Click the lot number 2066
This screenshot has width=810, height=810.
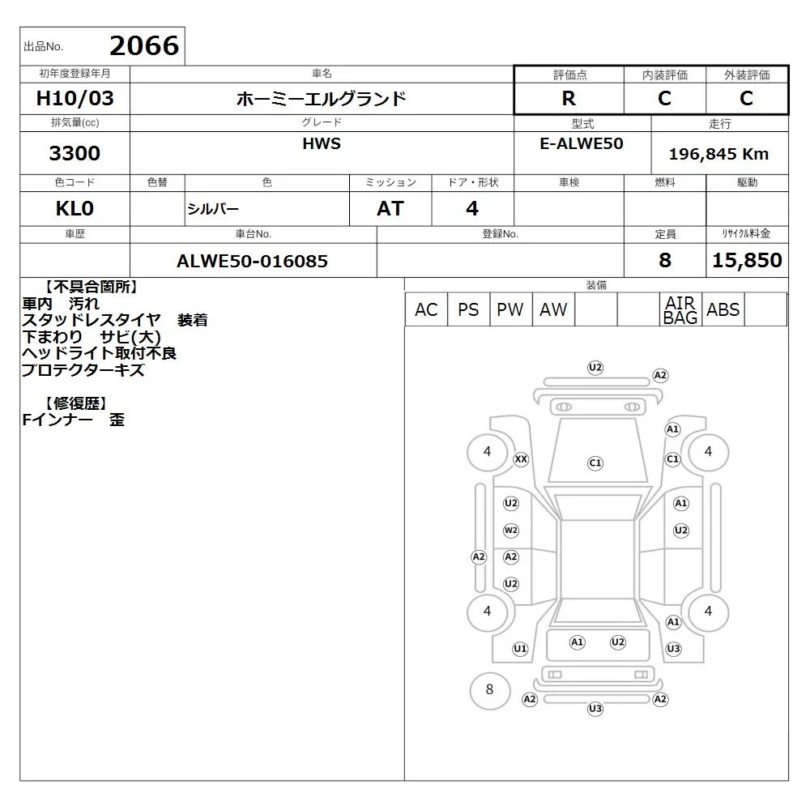click(x=144, y=46)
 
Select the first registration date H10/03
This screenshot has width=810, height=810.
click(x=75, y=98)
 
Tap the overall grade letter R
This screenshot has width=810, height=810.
click(x=569, y=98)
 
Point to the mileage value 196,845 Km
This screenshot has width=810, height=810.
click(x=718, y=154)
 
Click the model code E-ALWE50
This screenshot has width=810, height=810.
click(x=582, y=143)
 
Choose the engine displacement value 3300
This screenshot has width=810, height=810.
click(x=75, y=153)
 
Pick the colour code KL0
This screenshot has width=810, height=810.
click(x=75, y=209)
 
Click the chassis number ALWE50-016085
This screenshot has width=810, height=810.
click(x=252, y=261)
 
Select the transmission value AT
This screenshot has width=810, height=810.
click(x=390, y=209)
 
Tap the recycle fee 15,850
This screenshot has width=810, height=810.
click(x=747, y=260)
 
